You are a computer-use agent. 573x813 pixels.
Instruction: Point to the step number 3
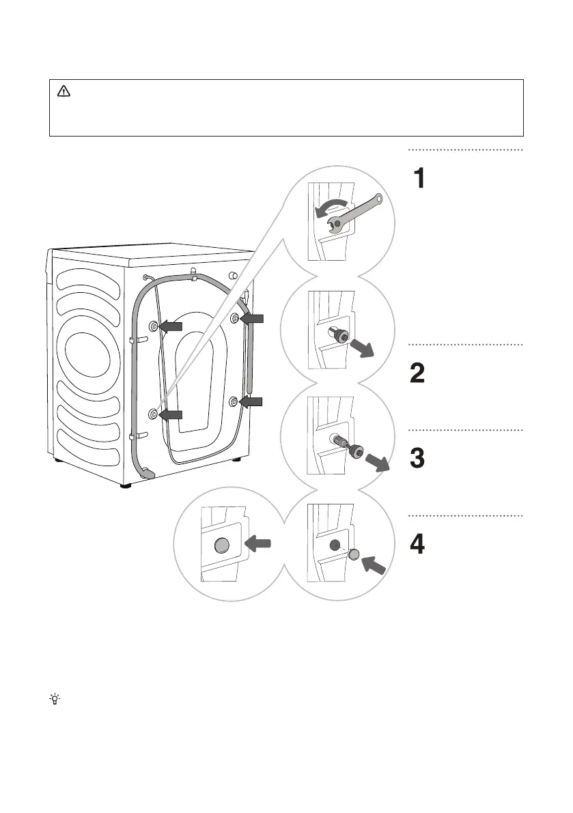click(419, 459)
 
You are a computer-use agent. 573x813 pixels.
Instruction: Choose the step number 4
click(419, 545)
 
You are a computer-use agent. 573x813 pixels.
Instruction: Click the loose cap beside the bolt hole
click(353, 554)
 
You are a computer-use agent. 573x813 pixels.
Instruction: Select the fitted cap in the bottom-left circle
click(221, 545)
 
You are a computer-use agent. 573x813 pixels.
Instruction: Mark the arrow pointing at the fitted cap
click(257, 544)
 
